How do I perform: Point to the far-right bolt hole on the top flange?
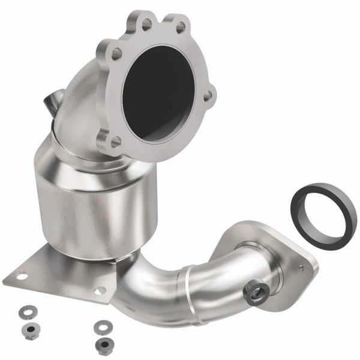click(207, 95)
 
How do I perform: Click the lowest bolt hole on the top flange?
click(115, 141)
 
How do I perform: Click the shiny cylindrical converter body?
click(90, 204)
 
